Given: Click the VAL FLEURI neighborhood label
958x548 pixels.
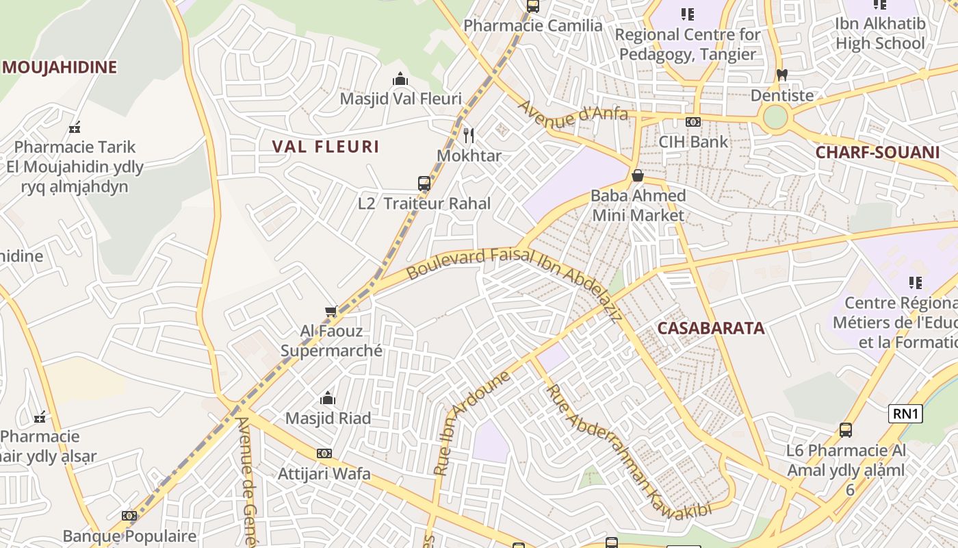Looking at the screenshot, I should pyautogui.click(x=325, y=147).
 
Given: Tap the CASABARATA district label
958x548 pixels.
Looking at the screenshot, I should pyautogui.click(x=711, y=328).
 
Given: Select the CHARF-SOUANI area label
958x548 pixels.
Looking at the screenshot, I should pyautogui.click(x=877, y=152).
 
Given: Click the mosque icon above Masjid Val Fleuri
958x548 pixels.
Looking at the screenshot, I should pyautogui.click(x=400, y=79).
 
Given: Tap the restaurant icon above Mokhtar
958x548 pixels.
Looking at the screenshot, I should pyautogui.click(x=469, y=135).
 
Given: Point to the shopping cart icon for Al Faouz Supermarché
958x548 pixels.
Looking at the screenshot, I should pyautogui.click(x=331, y=312).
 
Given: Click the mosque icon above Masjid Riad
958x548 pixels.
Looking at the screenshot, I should pyautogui.click(x=328, y=399).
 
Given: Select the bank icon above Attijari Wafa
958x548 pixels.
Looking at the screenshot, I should pyautogui.click(x=324, y=453).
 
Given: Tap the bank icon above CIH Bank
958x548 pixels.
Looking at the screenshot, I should pyautogui.click(x=693, y=122).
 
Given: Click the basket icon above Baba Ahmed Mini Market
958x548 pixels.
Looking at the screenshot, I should pyautogui.click(x=638, y=176).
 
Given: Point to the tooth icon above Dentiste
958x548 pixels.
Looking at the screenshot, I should pyautogui.click(x=782, y=75).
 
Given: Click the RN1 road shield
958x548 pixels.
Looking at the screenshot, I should pyautogui.click(x=905, y=414).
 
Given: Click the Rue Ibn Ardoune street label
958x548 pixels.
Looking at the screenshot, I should pyautogui.click(x=472, y=424).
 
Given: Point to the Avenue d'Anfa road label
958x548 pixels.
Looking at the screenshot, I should pyautogui.click(x=573, y=112).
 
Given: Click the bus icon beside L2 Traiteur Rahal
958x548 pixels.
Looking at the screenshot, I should pyautogui.click(x=424, y=184).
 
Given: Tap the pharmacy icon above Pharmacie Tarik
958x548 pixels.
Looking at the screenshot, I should pyautogui.click(x=75, y=127).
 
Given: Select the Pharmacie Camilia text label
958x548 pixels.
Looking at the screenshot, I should pyautogui.click(x=533, y=26).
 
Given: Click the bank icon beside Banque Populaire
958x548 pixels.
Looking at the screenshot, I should pyautogui.click(x=129, y=516).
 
